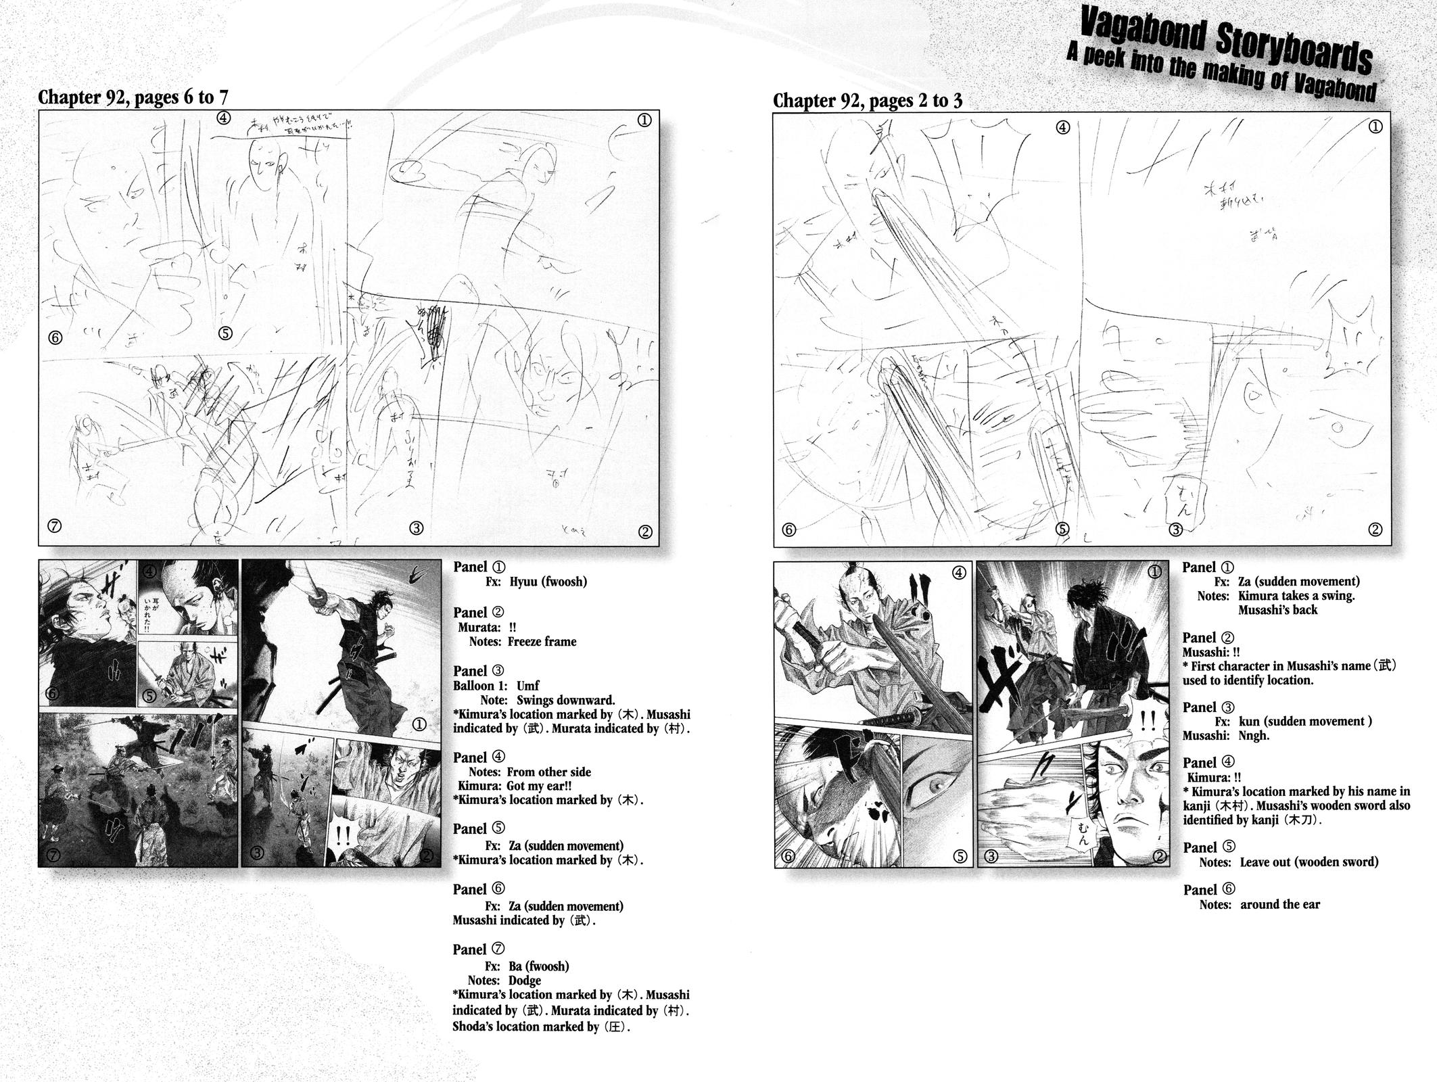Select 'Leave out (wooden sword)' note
tap(1309, 862)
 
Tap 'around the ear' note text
tap(1279, 905)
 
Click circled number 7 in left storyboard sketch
tap(55, 525)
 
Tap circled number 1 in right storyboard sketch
tap(1375, 126)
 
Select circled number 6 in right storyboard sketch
tap(788, 530)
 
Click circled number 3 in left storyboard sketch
tap(416, 528)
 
